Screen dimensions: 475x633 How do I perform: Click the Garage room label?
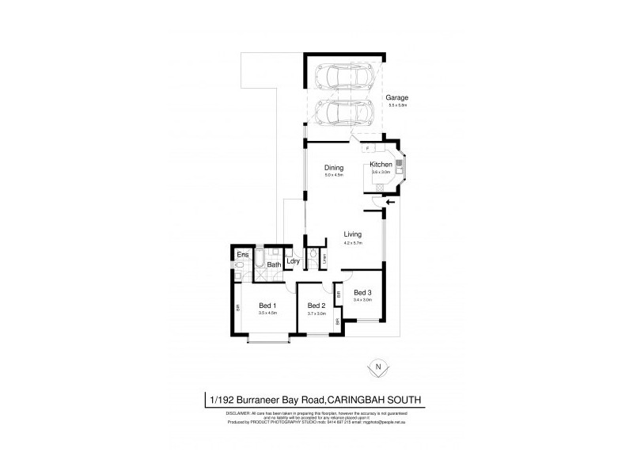click(x=397, y=97)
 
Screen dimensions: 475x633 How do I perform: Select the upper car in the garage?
click(x=346, y=78)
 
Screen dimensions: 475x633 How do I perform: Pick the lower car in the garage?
click(x=346, y=112)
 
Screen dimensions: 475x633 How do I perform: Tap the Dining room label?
click(x=333, y=168)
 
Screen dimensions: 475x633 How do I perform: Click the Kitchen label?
click(x=381, y=165)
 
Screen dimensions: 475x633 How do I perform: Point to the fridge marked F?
click(x=367, y=148)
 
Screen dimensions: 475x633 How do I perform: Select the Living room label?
click(x=352, y=234)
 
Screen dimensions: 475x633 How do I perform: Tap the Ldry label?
click(x=293, y=262)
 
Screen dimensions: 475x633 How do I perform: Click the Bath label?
click(x=274, y=264)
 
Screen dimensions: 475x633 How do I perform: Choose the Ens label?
click(x=242, y=255)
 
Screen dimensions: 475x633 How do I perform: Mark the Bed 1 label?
click(x=267, y=306)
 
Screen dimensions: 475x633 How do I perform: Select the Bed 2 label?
click(x=316, y=306)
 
